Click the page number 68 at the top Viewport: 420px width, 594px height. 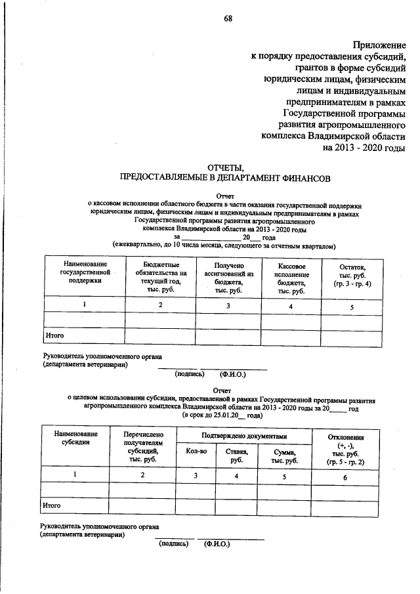228,18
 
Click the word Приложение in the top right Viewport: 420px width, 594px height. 381,45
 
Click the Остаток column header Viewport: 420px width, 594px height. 351,276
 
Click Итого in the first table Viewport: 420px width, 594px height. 54,335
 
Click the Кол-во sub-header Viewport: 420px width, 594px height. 196,452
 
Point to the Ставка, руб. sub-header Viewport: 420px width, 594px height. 236,455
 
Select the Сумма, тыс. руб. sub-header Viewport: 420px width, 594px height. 283,455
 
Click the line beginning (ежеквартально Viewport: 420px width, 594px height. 224,246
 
